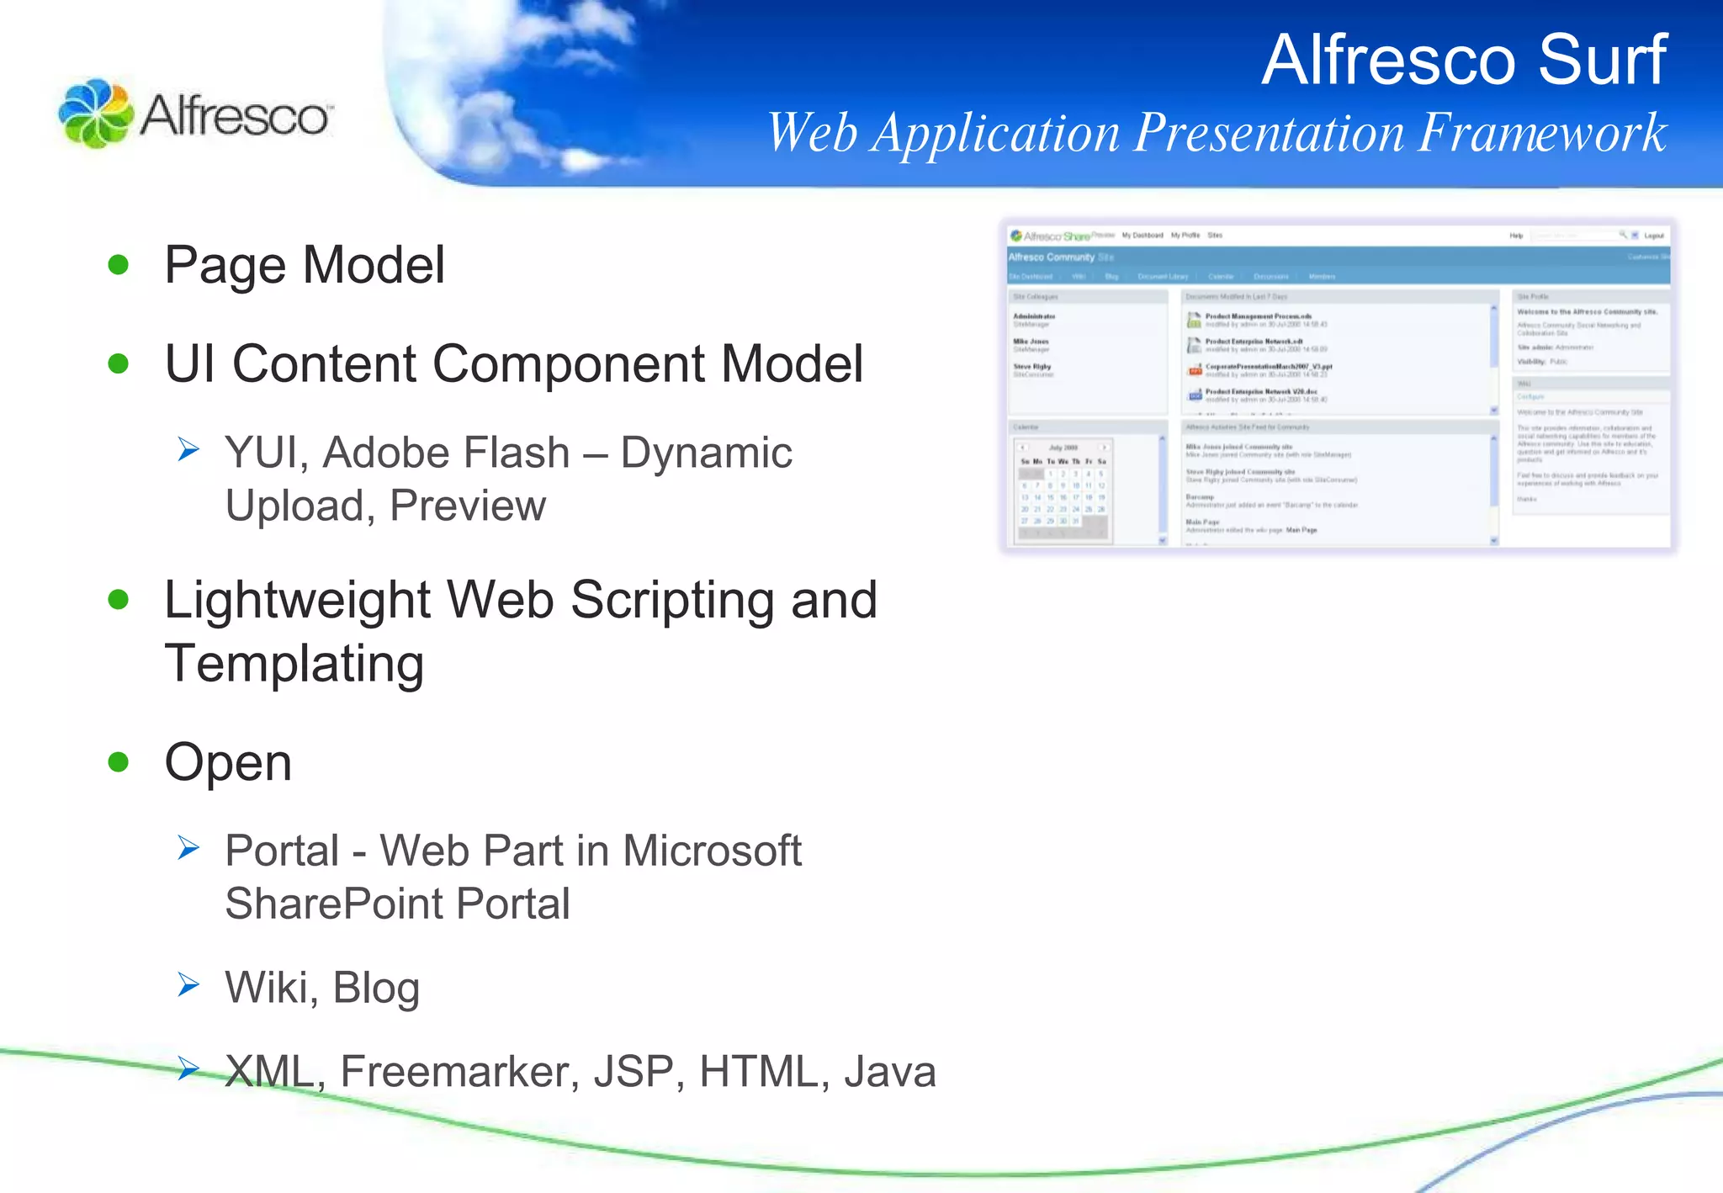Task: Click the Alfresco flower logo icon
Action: click(x=95, y=114)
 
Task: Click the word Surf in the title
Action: click(x=1602, y=61)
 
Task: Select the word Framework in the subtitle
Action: click(x=1541, y=133)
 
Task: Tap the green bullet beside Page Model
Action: click(x=119, y=265)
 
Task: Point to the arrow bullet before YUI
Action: click(x=188, y=450)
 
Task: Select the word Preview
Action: click(x=468, y=506)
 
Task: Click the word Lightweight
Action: click(x=298, y=601)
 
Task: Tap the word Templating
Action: click(x=294, y=664)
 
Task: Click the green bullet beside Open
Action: click(x=119, y=762)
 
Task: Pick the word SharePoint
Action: click(x=334, y=904)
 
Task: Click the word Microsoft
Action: click(x=712, y=851)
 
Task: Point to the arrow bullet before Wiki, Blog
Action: click(x=188, y=984)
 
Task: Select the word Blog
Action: click(x=376, y=988)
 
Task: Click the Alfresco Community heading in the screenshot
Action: click(x=1052, y=257)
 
